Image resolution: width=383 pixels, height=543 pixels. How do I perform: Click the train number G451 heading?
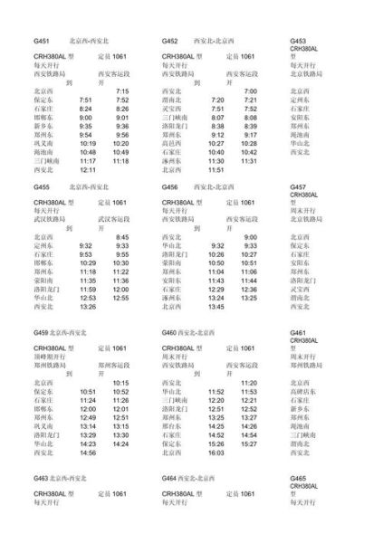41,42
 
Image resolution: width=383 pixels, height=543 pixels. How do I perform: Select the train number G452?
170,42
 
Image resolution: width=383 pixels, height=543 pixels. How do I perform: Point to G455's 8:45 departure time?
122,237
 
